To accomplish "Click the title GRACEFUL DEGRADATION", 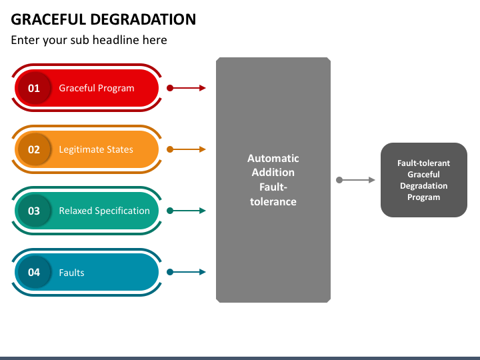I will (103, 19).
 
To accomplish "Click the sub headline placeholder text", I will (89, 40).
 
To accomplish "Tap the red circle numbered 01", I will (34, 88).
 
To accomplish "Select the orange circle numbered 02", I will (34, 149).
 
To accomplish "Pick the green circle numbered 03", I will (34, 211).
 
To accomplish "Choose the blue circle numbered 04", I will (34, 272).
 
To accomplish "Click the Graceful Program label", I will (97, 88).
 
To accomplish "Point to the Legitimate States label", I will (96, 149).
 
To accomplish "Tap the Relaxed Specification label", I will (104, 211).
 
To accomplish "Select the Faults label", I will (71, 272).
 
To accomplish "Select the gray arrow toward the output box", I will (357, 180).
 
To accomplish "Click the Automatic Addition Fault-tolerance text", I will (273, 180).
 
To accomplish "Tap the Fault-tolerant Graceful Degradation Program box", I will (424, 180).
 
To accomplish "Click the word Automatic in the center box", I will (273, 159).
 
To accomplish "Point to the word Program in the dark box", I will (424, 197).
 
